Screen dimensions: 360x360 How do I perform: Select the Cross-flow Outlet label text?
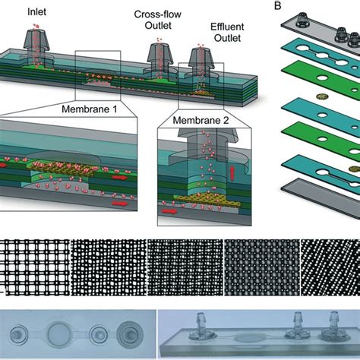click(x=157, y=20)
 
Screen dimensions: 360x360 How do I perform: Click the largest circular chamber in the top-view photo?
click(x=62, y=333)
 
